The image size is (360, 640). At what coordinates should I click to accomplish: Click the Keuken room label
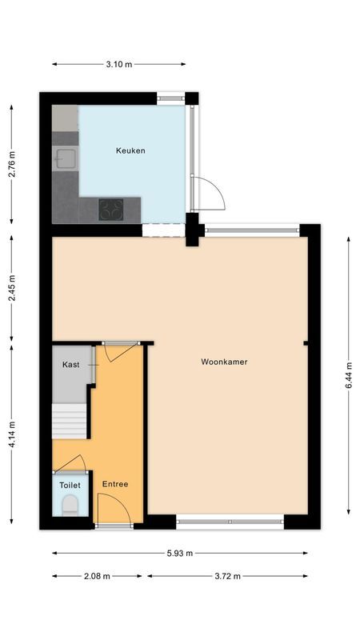tap(130, 150)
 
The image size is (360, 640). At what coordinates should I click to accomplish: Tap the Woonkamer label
tap(224, 362)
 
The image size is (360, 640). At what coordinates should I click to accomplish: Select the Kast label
tap(70, 365)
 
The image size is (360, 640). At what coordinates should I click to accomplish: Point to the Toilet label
tap(70, 485)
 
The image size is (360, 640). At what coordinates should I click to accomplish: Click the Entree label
tap(115, 484)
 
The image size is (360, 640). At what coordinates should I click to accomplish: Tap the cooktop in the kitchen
tap(110, 210)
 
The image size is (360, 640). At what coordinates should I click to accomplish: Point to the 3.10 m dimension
tap(118, 64)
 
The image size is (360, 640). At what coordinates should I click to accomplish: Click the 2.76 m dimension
tap(12, 165)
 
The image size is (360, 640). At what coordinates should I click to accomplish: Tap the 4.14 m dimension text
tap(12, 435)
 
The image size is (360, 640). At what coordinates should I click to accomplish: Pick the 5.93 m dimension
tap(180, 553)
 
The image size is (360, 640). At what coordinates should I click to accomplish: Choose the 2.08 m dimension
tap(97, 575)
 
